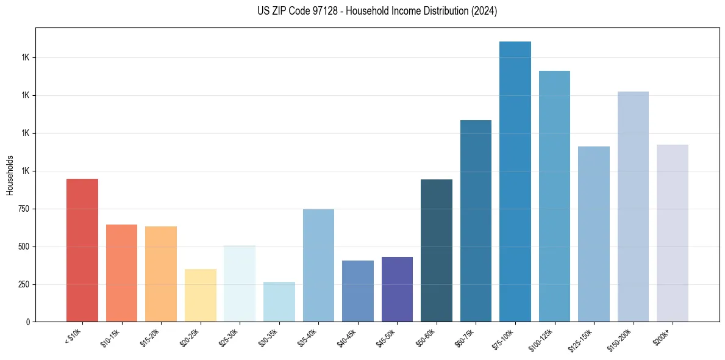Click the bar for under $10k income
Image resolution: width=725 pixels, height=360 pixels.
(82, 250)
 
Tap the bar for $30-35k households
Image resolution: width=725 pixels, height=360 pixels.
(279, 301)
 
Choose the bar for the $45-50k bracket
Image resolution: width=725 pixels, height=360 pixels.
(397, 289)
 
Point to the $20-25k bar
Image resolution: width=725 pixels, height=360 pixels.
(200, 295)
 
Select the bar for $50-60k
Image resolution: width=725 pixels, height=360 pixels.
(436, 250)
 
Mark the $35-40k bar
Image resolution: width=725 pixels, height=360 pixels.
(318, 265)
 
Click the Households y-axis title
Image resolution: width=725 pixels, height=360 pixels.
(10, 175)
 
